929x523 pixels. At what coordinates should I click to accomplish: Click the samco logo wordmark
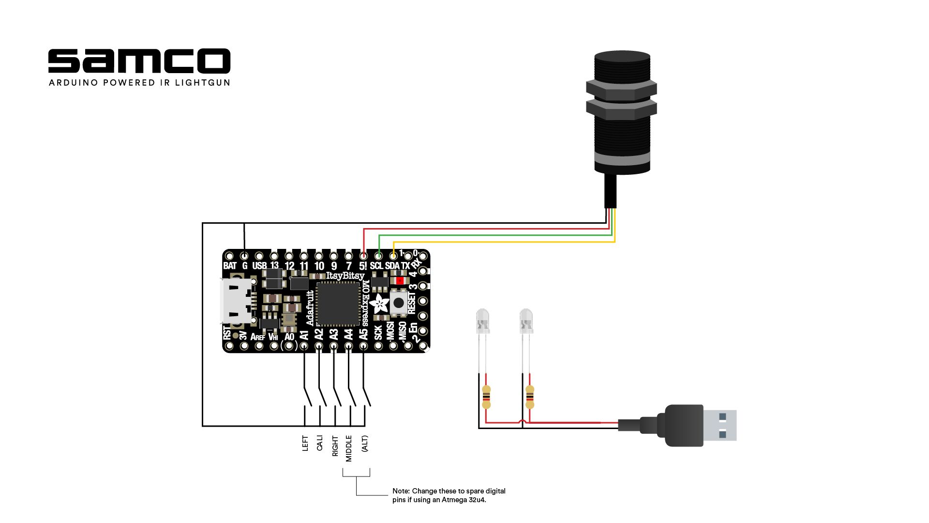pyautogui.click(x=139, y=61)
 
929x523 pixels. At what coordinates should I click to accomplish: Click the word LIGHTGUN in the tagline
pyautogui.click(x=202, y=83)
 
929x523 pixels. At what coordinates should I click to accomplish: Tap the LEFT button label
pyautogui.click(x=305, y=443)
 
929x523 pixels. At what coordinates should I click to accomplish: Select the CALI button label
pyautogui.click(x=319, y=443)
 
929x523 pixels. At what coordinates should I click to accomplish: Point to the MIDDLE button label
pyautogui.click(x=349, y=448)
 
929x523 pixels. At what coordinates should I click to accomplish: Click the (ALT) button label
pyautogui.click(x=364, y=444)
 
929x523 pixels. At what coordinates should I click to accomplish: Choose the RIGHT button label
pyautogui.click(x=335, y=446)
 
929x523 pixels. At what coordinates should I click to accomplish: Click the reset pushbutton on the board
pyautogui.click(x=399, y=303)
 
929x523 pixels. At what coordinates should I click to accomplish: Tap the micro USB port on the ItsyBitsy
pyautogui.click(x=236, y=301)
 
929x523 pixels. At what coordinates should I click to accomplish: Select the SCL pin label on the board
pyautogui.click(x=376, y=266)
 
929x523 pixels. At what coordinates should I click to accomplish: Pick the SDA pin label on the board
pyautogui.click(x=392, y=266)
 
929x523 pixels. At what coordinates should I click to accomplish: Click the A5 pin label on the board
pyautogui.click(x=363, y=334)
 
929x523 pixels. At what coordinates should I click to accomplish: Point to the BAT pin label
pyautogui.click(x=230, y=266)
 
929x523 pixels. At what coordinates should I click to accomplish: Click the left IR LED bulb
pyautogui.click(x=482, y=321)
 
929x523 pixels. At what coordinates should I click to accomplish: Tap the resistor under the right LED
pyautogui.click(x=530, y=397)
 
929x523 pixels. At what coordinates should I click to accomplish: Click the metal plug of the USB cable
pyautogui.click(x=719, y=425)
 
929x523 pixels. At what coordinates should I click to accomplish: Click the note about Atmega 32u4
pyautogui.click(x=449, y=495)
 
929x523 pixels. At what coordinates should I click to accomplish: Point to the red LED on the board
pyautogui.click(x=400, y=280)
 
